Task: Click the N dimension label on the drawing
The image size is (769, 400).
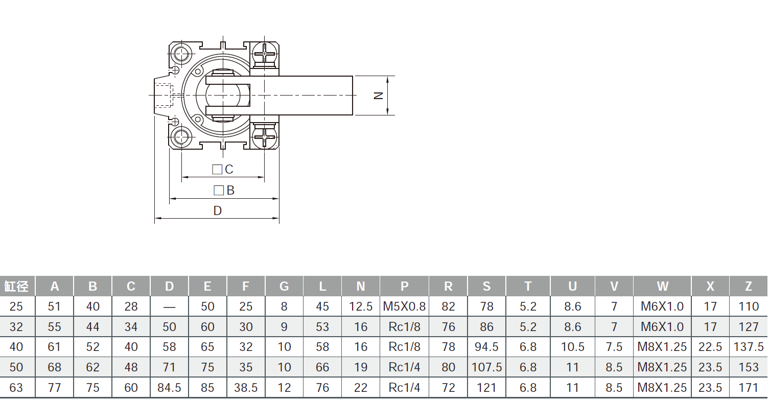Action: click(x=379, y=96)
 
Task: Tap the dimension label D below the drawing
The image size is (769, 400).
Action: click(x=218, y=211)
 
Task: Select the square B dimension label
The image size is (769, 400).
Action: click(x=224, y=191)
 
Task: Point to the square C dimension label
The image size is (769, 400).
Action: click(x=223, y=170)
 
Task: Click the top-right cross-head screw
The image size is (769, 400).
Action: click(x=265, y=53)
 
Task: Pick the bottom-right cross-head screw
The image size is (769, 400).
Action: click(x=265, y=136)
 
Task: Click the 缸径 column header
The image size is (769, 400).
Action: click(x=17, y=286)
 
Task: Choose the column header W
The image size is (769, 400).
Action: click(x=662, y=286)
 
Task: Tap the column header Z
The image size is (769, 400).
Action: click(x=749, y=286)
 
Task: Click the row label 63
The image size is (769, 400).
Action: click(x=16, y=388)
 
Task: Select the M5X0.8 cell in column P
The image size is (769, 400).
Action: click(x=404, y=307)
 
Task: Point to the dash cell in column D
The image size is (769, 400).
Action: click(x=169, y=307)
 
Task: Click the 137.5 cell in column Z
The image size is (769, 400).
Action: click(x=749, y=347)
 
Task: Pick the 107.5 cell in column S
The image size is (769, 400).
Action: click(x=486, y=367)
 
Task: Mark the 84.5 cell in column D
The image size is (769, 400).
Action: click(x=169, y=388)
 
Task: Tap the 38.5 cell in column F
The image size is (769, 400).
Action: click(x=246, y=388)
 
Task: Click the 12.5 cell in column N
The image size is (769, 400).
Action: click(x=361, y=307)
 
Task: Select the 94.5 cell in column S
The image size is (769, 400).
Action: click(x=486, y=347)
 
